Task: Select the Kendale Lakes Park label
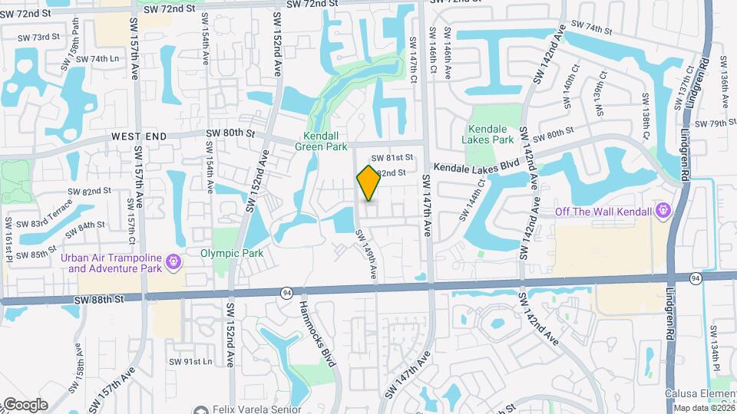[488, 134]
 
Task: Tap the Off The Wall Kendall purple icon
[665, 211]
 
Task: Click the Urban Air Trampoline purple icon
[174, 262]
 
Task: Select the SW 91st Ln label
[191, 361]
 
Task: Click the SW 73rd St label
[38, 37]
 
